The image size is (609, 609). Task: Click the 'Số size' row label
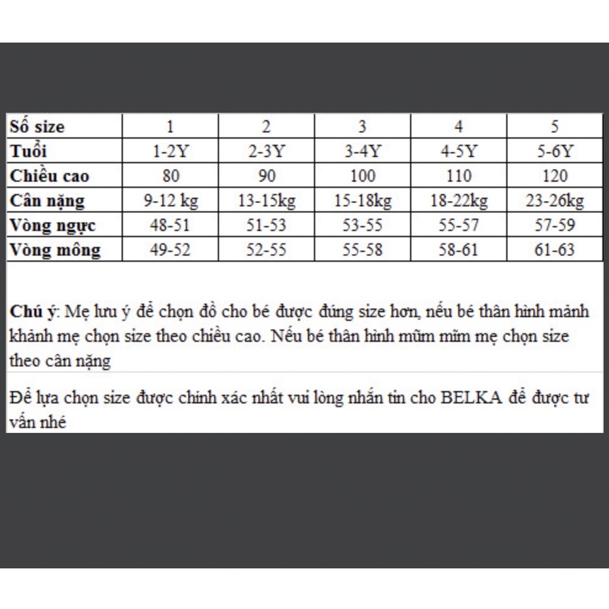pyautogui.click(x=37, y=126)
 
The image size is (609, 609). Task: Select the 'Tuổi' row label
pyautogui.click(x=29, y=151)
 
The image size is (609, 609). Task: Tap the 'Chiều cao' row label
pyautogui.click(x=49, y=176)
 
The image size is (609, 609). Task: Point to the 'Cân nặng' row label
pyautogui.click(x=47, y=200)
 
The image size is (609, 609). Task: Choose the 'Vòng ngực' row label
pyautogui.click(x=53, y=225)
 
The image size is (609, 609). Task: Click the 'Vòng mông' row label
pyautogui.click(x=56, y=249)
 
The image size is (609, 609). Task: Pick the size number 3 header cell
pyautogui.click(x=362, y=126)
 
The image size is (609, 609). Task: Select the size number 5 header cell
pyautogui.click(x=555, y=126)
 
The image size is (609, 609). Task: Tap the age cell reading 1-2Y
pyautogui.click(x=170, y=151)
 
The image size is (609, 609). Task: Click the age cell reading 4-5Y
pyautogui.click(x=458, y=151)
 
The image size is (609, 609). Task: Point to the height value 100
pyautogui.click(x=362, y=176)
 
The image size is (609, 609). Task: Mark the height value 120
pyautogui.click(x=555, y=176)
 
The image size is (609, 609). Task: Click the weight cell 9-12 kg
pyautogui.click(x=170, y=200)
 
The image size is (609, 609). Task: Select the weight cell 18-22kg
pyautogui.click(x=458, y=200)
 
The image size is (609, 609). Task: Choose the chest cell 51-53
pyautogui.click(x=266, y=225)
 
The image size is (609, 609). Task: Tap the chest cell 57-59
pyautogui.click(x=555, y=225)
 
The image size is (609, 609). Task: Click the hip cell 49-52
pyautogui.click(x=170, y=249)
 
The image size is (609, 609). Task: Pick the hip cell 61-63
pyautogui.click(x=555, y=249)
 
